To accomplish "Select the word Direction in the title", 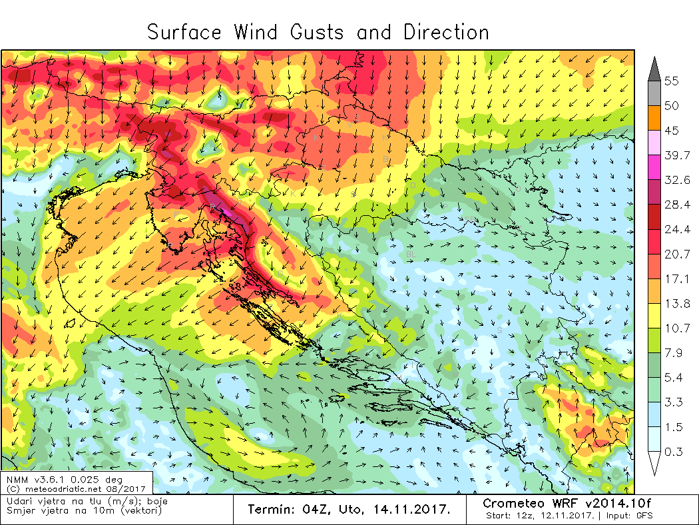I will click(x=446, y=33).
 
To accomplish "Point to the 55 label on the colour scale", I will click(x=671, y=81).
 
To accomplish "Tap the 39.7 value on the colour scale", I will click(x=676, y=155).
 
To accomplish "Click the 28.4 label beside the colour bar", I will click(x=676, y=205).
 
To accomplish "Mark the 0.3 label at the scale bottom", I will click(x=674, y=451).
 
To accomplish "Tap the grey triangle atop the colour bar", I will click(x=654, y=67).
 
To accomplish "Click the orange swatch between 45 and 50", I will click(x=654, y=118).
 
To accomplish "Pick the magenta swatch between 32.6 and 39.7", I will click(x=654, y=167).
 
